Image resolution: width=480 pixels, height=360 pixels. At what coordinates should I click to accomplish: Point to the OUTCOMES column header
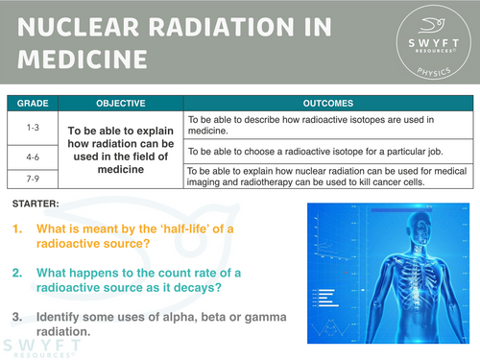click(x=327, y=103)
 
